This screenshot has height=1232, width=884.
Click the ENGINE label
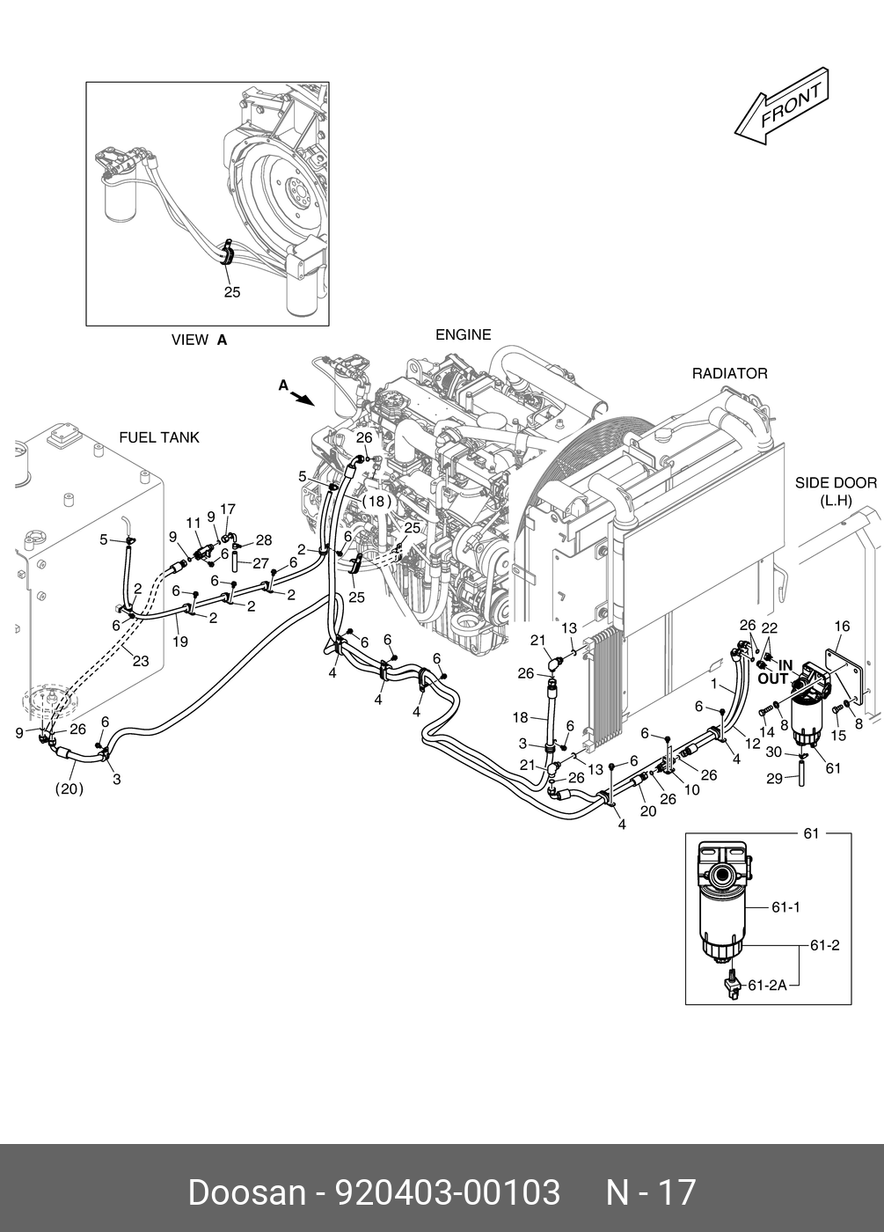[x=463, y=334]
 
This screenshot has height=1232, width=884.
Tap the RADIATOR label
[x=729, y=373]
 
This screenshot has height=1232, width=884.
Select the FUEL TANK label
[x=159, y=437]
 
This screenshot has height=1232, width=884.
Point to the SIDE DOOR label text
[x=836, y=482]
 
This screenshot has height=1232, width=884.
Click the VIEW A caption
[x=199, y=340]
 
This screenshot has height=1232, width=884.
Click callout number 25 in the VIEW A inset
[x=231, y=292]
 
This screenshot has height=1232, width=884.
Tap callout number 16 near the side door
[x=842, y=627]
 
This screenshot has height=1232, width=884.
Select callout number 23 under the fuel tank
[x=140, y=662]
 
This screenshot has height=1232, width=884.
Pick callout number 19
[x=179, y=642]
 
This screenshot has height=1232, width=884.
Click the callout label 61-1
[x=785, y=906]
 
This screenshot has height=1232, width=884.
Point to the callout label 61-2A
[x=767, y=986]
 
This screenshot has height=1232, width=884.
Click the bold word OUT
[x=773, y=678]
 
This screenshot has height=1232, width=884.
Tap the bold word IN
[x=785, y=665]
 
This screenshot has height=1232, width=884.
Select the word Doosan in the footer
[x=245, y=1192]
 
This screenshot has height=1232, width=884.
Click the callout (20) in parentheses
[x=69, y=788]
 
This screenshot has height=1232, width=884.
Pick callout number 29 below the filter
[x=773, y=779]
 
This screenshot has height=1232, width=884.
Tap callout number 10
[x=692, y=789]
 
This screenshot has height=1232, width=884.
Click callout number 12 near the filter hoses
[x=752, y=744]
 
